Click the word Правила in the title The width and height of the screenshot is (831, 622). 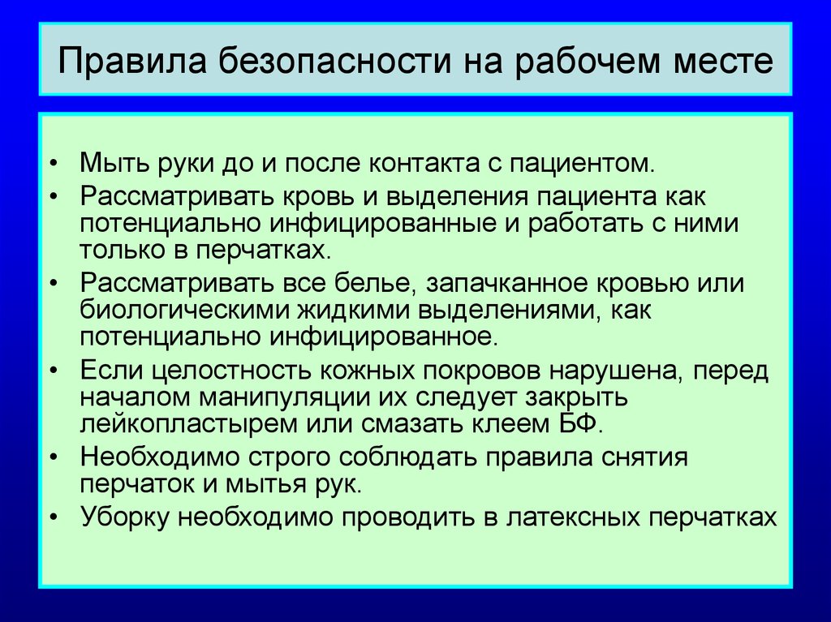pyautogui.click(x=132, y=60)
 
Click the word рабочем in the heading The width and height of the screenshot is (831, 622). pyautogui.click(x=588, y=60)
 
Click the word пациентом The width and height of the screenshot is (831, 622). pyautogui.click(x=583, y=164)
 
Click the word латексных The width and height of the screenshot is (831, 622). pyautogui.click(x=572, y=517)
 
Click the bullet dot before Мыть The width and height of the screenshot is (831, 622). pyautogui.click(x=53, y=163)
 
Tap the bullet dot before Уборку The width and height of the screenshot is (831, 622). pyautogui.click(x=53, y=517)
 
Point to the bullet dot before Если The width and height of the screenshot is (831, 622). pyautogui.click(x=53, y=371)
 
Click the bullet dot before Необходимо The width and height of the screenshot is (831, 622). pyautogui.click(x=53, y=457)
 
